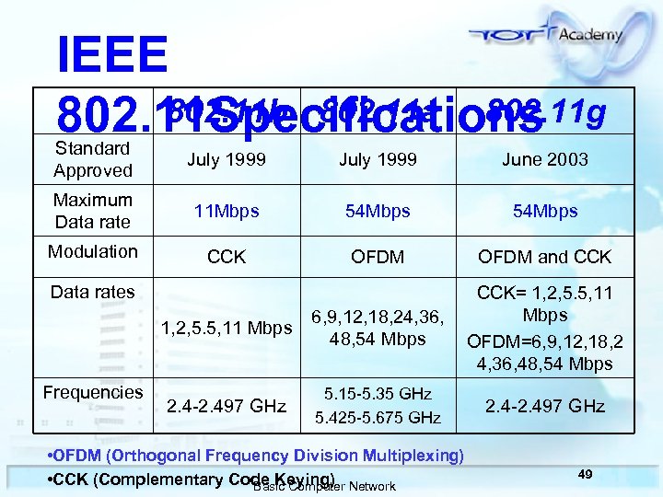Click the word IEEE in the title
coord(111,56)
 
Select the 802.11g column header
coord(547,112)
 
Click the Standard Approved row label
coord(92,159)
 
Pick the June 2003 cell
coord(545,160)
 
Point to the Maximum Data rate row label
coord(92,211)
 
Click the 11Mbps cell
coord(227,211)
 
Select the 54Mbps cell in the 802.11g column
coord(545,211)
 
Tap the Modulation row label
coord(93,252)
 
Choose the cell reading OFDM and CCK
coord(545,257)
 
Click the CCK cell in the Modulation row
coord(227,257)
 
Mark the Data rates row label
coord(92,293)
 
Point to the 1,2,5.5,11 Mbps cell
coord(227,328)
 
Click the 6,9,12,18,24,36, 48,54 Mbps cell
coord(379,328)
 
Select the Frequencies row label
coord(93,393)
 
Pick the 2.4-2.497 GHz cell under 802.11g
coord(545,406)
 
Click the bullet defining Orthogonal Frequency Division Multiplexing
coord(256,456)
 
